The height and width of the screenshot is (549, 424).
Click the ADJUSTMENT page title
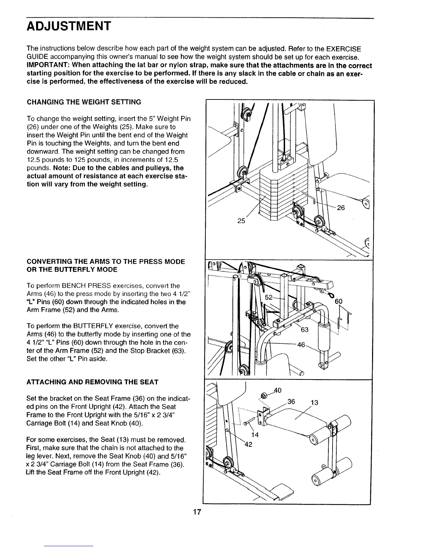coord(69,26)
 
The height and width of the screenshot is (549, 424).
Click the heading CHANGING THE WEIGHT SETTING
coord(84,102)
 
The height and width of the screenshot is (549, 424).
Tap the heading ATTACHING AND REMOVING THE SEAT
coord(92,382)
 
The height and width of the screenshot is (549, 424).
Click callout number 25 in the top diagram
coord(241,220)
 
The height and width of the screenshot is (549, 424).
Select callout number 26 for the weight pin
coord(341,208)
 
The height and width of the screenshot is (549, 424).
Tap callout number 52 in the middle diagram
coord(269,297)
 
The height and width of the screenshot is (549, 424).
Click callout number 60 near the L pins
coord(338,302)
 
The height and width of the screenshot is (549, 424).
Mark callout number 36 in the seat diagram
coord(291,402)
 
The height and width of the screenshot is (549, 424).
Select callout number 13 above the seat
coord(315,403)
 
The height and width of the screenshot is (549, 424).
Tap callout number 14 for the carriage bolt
coord(255,434)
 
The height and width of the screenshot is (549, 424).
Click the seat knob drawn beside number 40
coord(264,395)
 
